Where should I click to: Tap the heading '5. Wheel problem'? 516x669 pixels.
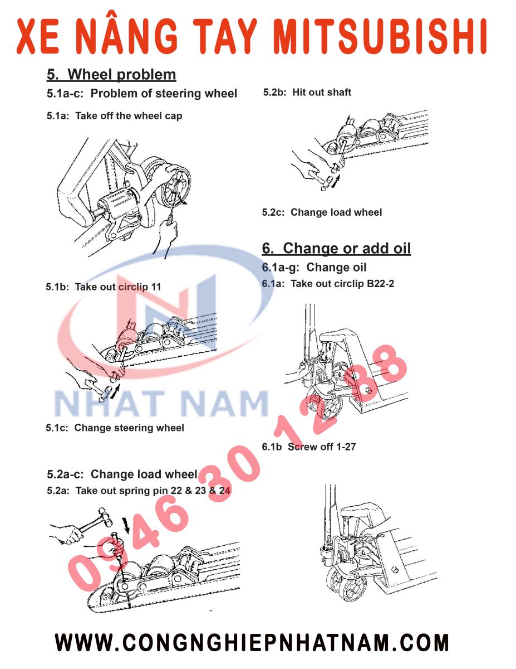point(111,74)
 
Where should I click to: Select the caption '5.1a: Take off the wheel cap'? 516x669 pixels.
point(114,116)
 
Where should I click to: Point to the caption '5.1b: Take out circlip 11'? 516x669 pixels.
point(103,287)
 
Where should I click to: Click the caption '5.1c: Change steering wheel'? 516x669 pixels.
point(115,428)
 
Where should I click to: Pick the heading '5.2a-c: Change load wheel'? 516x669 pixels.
point(122,474)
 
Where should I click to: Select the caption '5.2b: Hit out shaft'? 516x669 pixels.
point(307,93)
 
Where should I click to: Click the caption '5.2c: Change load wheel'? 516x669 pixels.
point(322,212)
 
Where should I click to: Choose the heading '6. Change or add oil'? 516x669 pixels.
point(336,248)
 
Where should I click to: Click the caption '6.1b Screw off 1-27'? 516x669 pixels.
point(308,447)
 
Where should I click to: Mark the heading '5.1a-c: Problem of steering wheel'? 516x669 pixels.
point(142,94)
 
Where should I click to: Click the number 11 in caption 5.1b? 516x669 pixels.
point(156,287)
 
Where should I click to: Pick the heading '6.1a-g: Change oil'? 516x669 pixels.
point(314,268)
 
